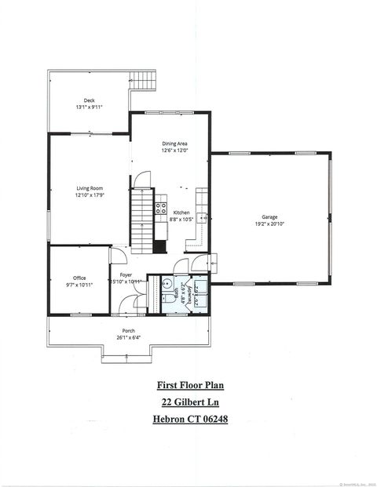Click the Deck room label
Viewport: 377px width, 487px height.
89,100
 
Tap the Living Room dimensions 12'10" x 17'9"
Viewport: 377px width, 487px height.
90,196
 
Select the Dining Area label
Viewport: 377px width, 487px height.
174,144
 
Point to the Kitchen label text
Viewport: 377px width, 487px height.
181,213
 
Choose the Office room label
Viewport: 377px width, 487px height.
79,278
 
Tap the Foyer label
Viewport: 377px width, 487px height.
126,275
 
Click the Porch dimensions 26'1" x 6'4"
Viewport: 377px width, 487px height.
128,338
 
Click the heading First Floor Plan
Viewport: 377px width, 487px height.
188,386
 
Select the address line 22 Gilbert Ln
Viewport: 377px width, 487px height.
188,402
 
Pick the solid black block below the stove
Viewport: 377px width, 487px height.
160,245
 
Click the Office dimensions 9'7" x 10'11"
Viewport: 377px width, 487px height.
79,285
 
